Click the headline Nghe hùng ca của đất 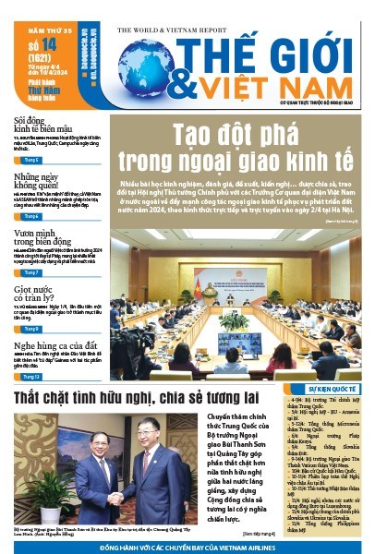(x=49, y=344)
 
